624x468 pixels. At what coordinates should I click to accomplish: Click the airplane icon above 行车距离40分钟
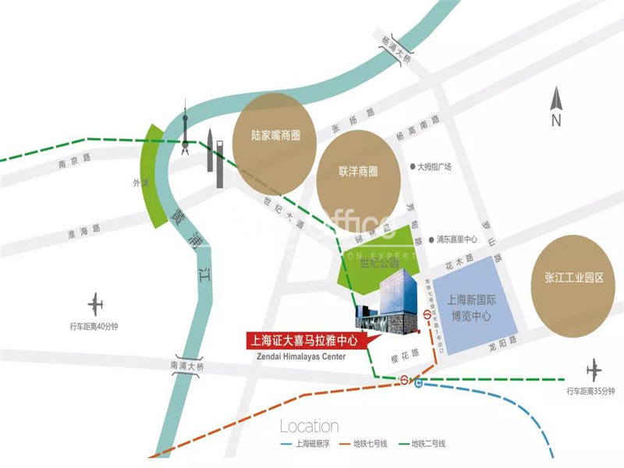pyautogui.click(x=96, y=303)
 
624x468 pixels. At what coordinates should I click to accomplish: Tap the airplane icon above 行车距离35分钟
pyautogui.click(x=594, y=369)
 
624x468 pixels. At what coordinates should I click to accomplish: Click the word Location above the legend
pyautogui.click(x=309, y=427)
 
